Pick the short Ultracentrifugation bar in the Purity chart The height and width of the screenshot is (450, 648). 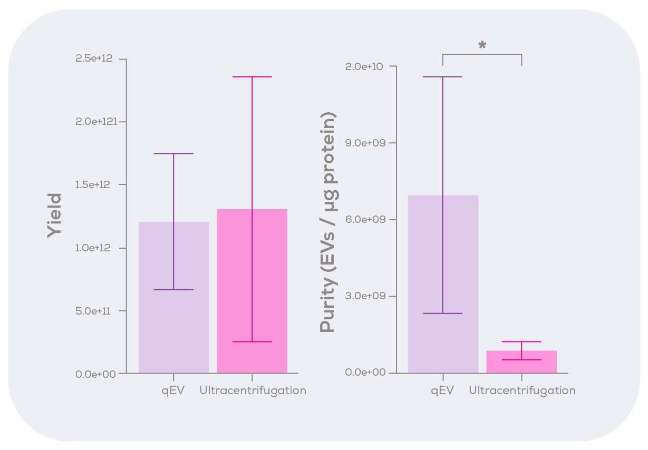click(521, 364)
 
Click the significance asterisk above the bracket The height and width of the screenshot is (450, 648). click(482, 46)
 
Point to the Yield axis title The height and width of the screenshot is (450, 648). click(54, 216)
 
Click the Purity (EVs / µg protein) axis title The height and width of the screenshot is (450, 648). click(328, 222)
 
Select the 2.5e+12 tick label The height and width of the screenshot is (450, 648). click(94, 58)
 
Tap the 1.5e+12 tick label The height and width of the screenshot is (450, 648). click(95, 185)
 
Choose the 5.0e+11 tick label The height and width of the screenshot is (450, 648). click(95, 311)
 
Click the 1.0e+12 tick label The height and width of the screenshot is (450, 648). click(95, 248)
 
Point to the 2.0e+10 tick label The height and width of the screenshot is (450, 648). click(364, 66)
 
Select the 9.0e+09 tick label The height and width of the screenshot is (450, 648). click(364, 143)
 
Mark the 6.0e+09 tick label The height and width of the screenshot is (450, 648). click(364, 219)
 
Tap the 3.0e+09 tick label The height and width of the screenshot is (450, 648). click(364, 296)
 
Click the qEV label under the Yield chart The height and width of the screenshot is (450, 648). click(173, 391)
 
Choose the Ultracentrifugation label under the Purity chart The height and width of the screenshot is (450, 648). click(521, 391)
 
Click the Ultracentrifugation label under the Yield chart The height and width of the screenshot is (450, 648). click(253, 391)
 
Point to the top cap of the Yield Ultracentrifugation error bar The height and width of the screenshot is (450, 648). click(252, 77)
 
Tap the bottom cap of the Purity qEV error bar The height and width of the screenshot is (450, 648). click(443, 314)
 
